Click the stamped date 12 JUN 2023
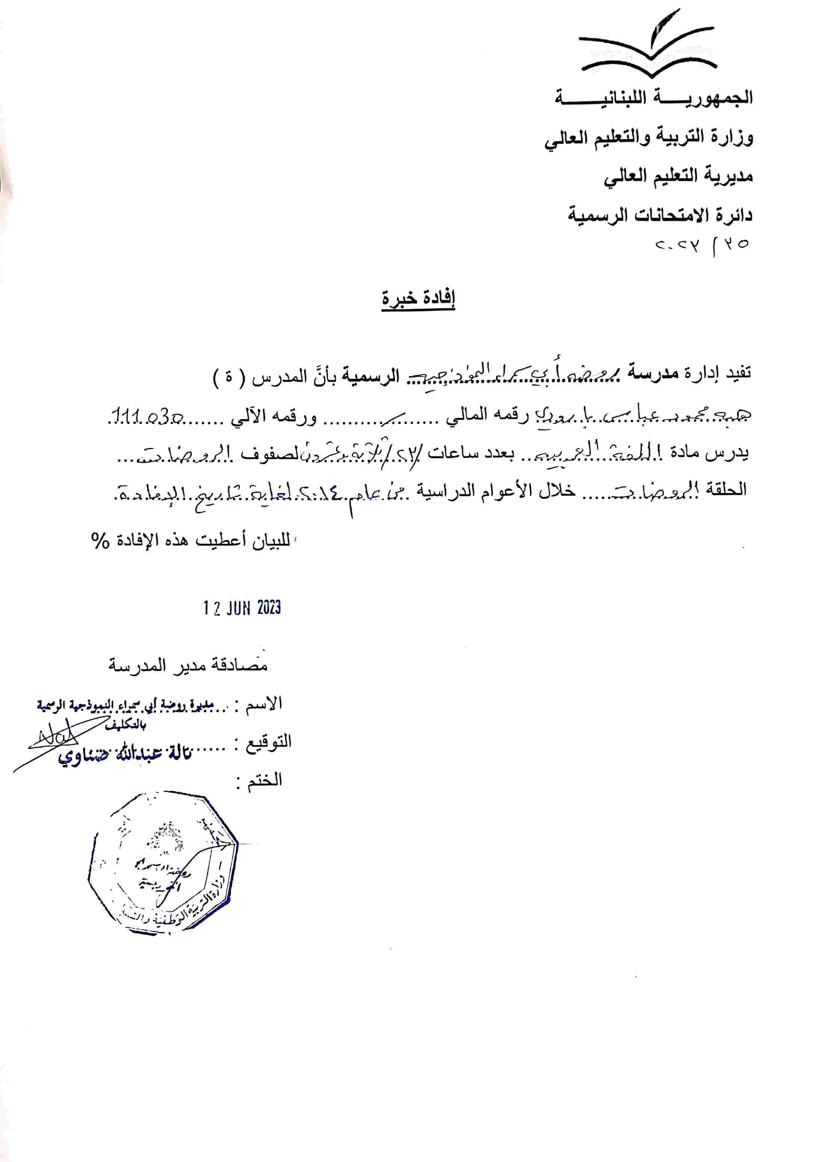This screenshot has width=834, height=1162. tap(241, 608)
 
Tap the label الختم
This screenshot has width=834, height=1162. tap(264, 779)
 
